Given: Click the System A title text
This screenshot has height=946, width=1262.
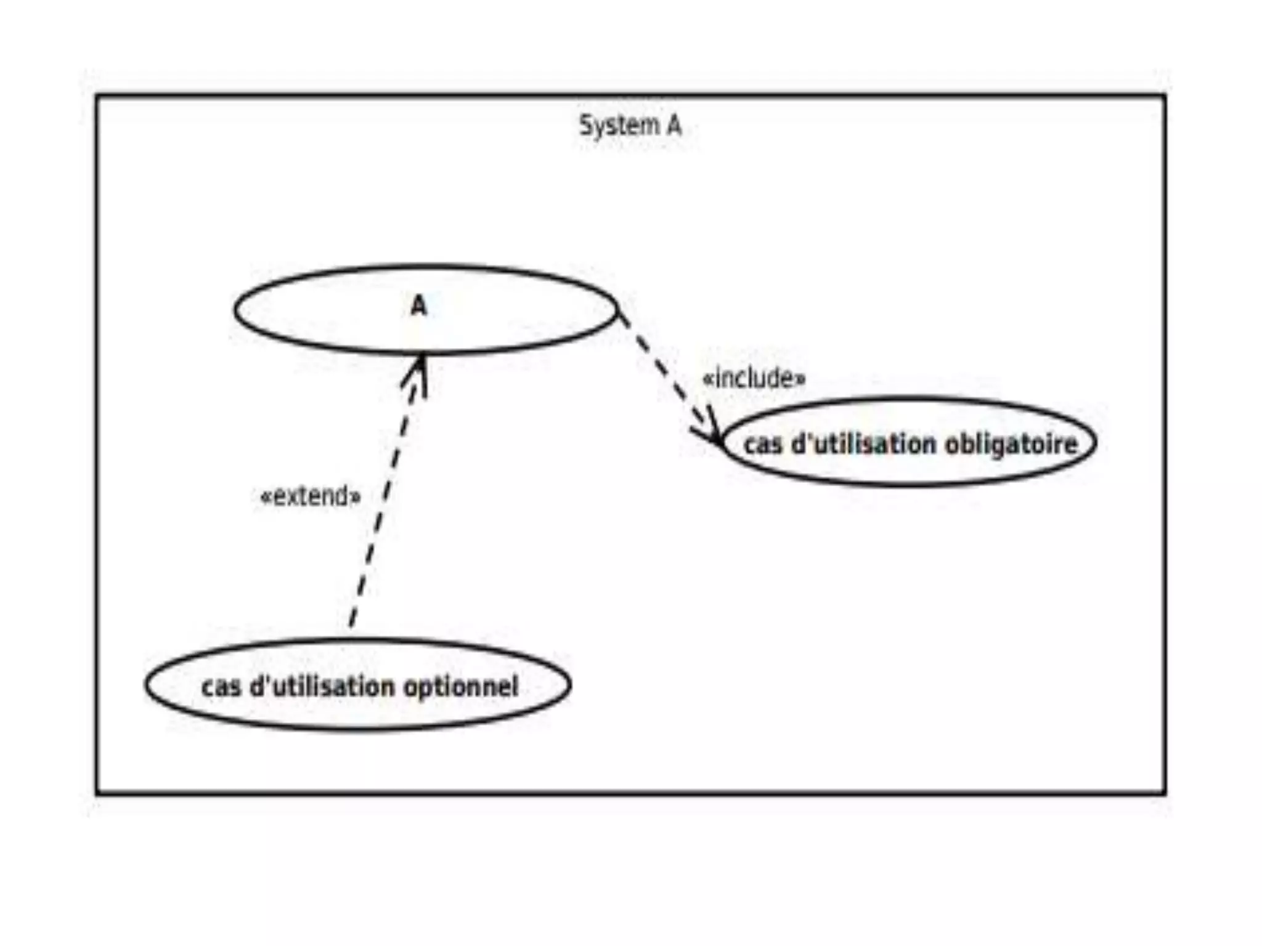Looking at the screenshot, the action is (x=630, y=126).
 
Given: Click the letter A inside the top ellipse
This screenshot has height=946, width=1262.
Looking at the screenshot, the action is (x=418, y=305).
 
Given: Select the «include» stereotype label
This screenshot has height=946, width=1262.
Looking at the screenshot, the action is (x=754, y=378).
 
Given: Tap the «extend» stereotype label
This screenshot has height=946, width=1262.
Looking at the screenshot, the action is (x=311, y=496).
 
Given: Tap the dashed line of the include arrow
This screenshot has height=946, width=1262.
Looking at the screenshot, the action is (x=662, y=370).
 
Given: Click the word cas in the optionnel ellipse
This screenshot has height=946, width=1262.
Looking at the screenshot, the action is (x=221, y=686).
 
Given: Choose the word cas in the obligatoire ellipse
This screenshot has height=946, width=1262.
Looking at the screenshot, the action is (x=763, y=443).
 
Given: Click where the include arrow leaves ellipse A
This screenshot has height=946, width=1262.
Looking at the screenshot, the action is (x=619, y=313).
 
